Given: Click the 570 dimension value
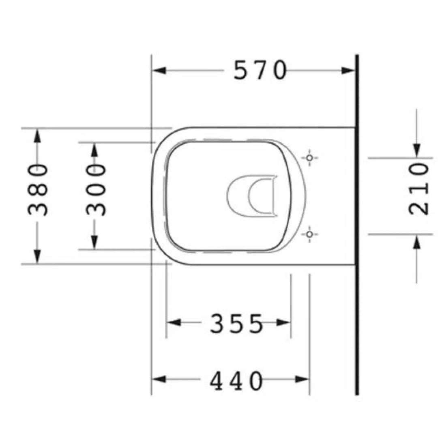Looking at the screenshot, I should [260, 70].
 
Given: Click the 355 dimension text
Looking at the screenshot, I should [236, 324].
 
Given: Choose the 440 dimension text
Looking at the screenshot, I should [236, 381].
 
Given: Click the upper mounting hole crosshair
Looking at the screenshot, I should [310, 158].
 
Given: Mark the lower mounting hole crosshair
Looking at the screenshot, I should [310, 234].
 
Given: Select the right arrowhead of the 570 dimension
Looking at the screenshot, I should [348, 71].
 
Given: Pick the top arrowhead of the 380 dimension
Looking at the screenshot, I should [37, 135].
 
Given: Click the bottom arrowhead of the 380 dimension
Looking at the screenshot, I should [37, 257].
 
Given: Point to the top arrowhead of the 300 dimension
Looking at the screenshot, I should [94, 150].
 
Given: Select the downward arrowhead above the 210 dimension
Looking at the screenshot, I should [416, 150].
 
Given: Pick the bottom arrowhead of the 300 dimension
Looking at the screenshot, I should [94, 242].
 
